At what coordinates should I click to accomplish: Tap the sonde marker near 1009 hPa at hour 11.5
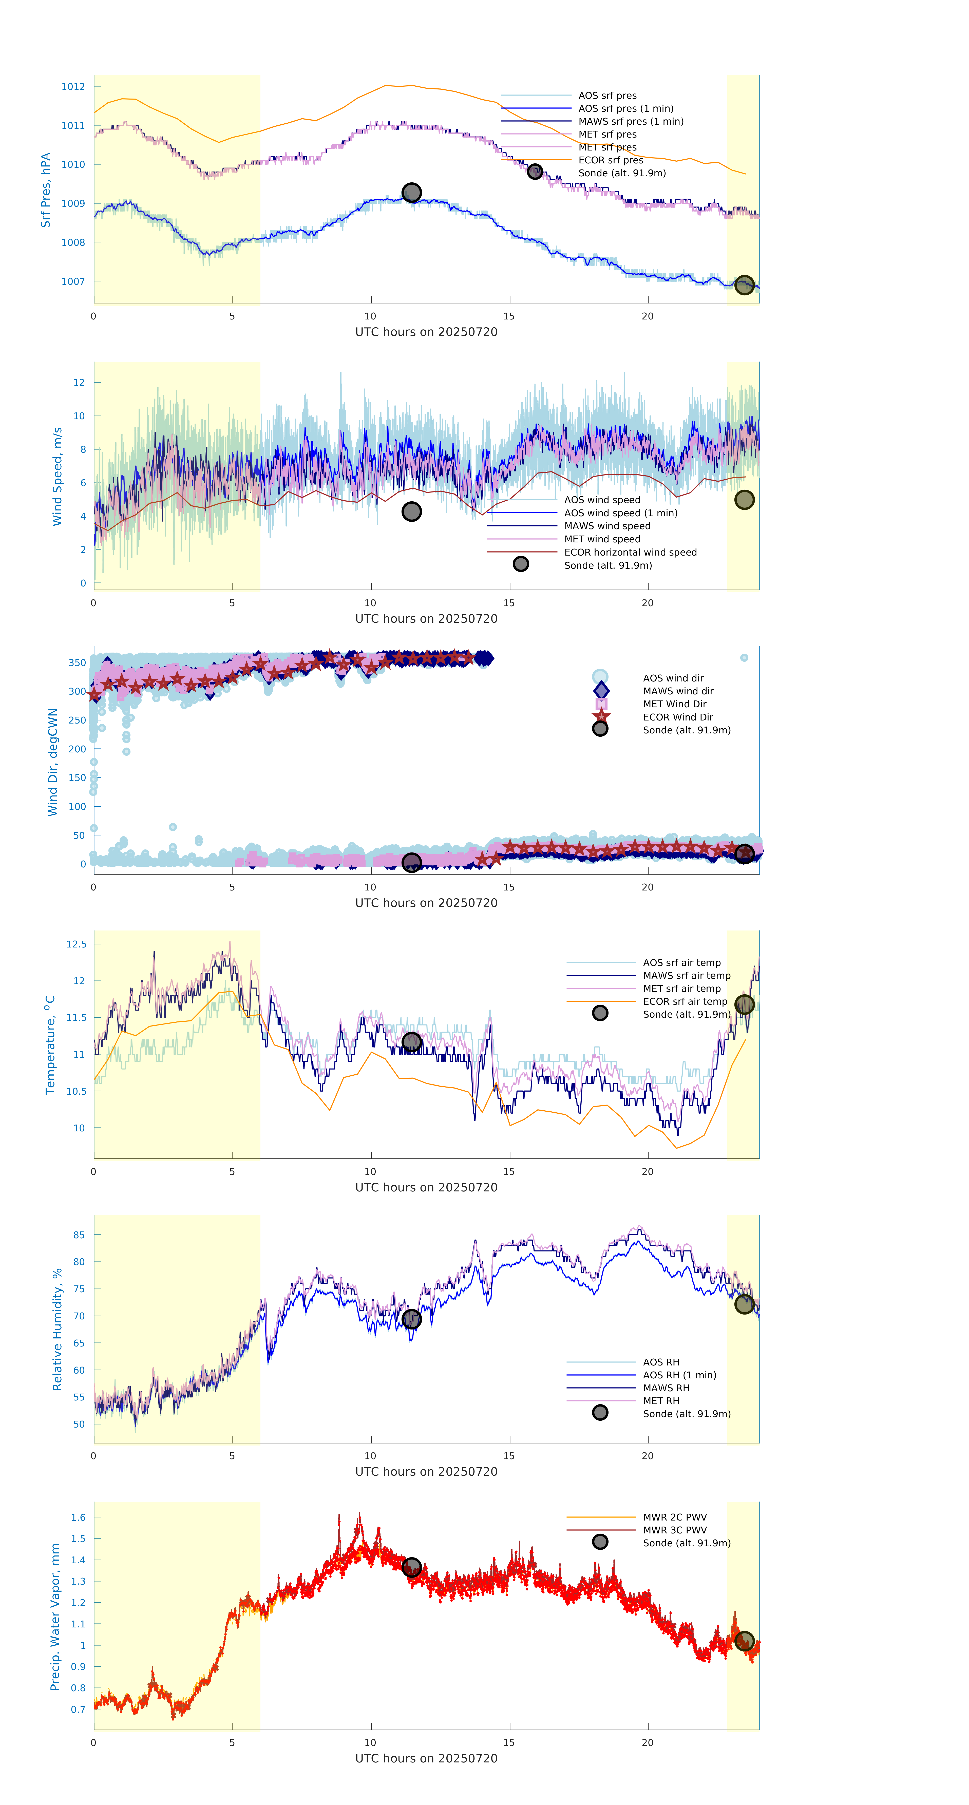411,193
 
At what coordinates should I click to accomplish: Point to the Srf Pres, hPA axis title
46,190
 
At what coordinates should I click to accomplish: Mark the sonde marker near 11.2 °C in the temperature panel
411,1042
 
